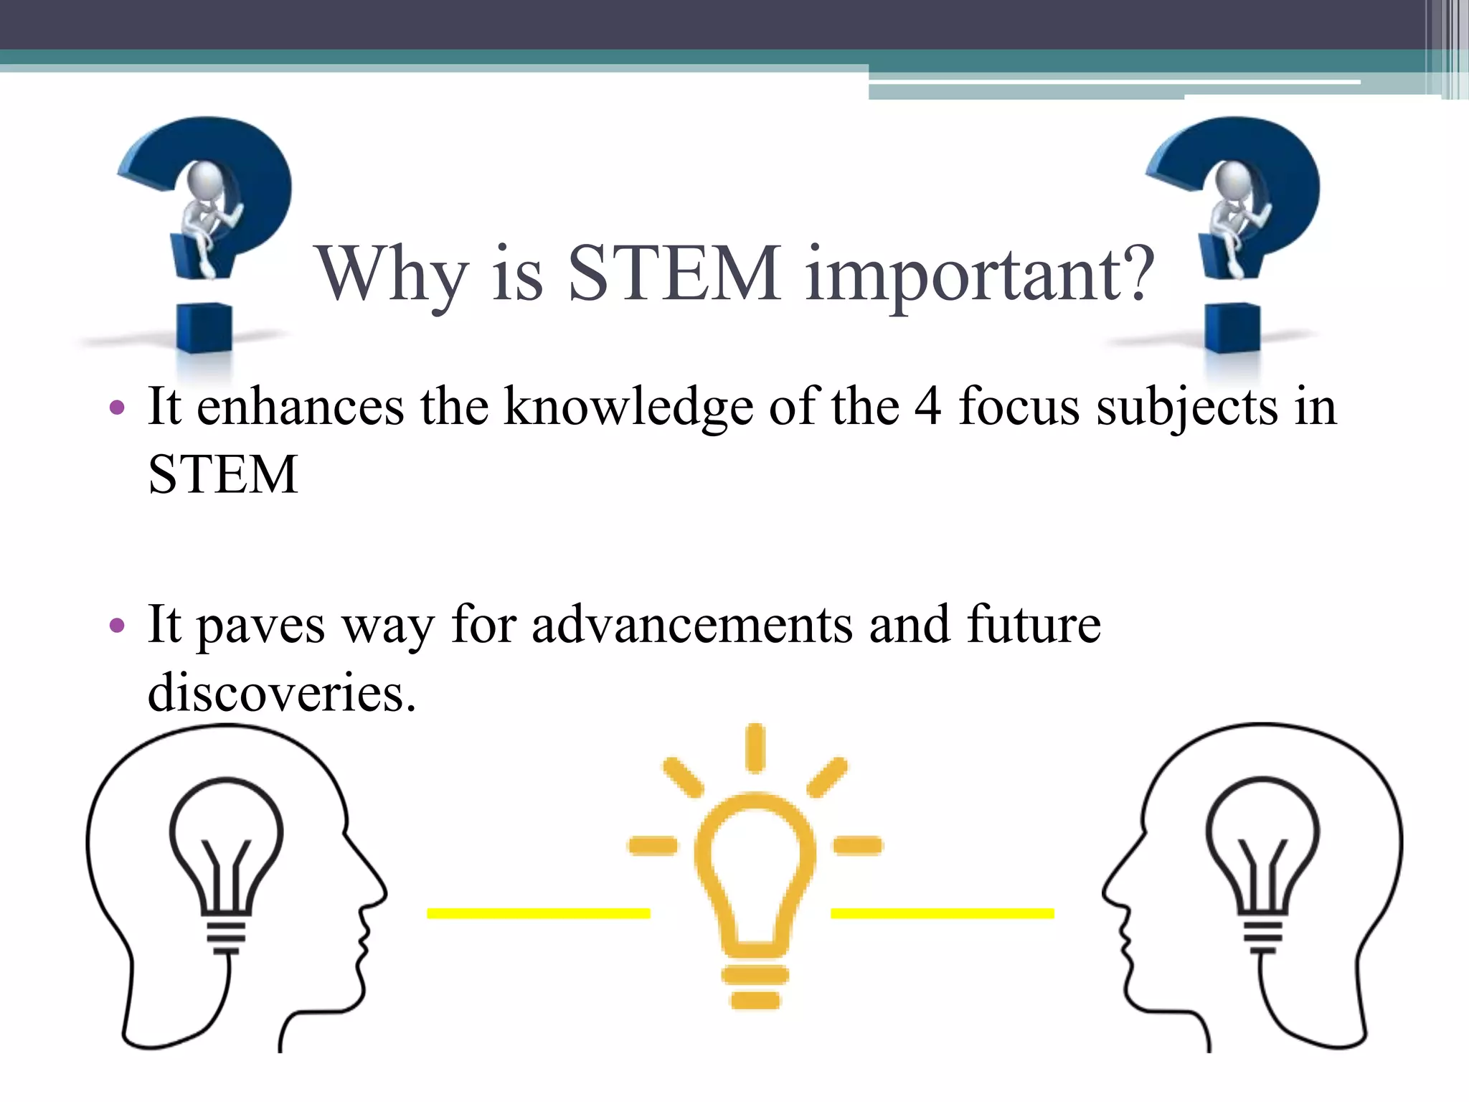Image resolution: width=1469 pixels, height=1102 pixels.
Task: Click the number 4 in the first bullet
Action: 927,406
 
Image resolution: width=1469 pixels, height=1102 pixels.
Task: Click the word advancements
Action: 692,624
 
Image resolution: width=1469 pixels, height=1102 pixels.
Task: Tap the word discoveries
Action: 281,693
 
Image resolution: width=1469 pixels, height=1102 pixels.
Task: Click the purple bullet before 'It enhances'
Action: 117,409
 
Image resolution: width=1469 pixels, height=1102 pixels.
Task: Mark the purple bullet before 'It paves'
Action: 117,626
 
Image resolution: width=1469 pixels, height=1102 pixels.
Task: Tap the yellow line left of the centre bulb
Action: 538,913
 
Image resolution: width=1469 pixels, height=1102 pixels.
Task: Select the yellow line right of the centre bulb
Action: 942,913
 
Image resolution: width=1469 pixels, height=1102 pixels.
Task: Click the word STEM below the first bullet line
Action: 223,475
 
